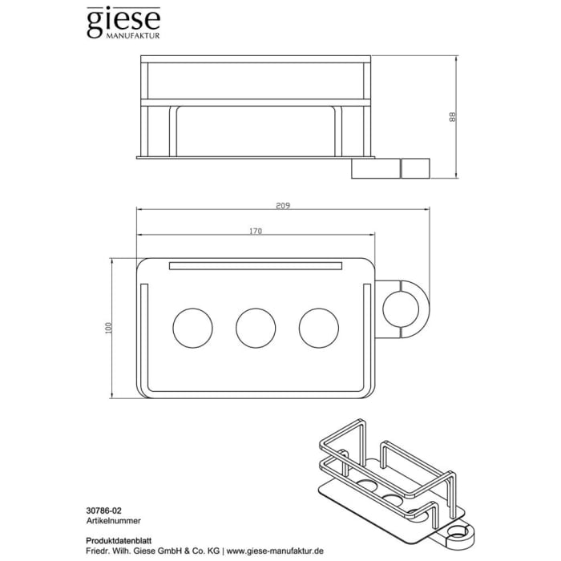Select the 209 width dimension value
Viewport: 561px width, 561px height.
pyautogui.click(x=282, y=206)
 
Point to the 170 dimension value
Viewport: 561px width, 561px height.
pyautogui.click(x=256, y=232)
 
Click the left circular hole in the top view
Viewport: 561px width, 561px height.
pyautogui.click(x=194, y=327)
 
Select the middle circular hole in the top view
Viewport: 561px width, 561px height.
pyautogui.click(x=256, y=327)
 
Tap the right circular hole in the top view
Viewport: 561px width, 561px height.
pyautogui.click(x=319, y=327)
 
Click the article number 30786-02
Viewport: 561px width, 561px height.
pyautogui.click(x=103, y=508)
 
